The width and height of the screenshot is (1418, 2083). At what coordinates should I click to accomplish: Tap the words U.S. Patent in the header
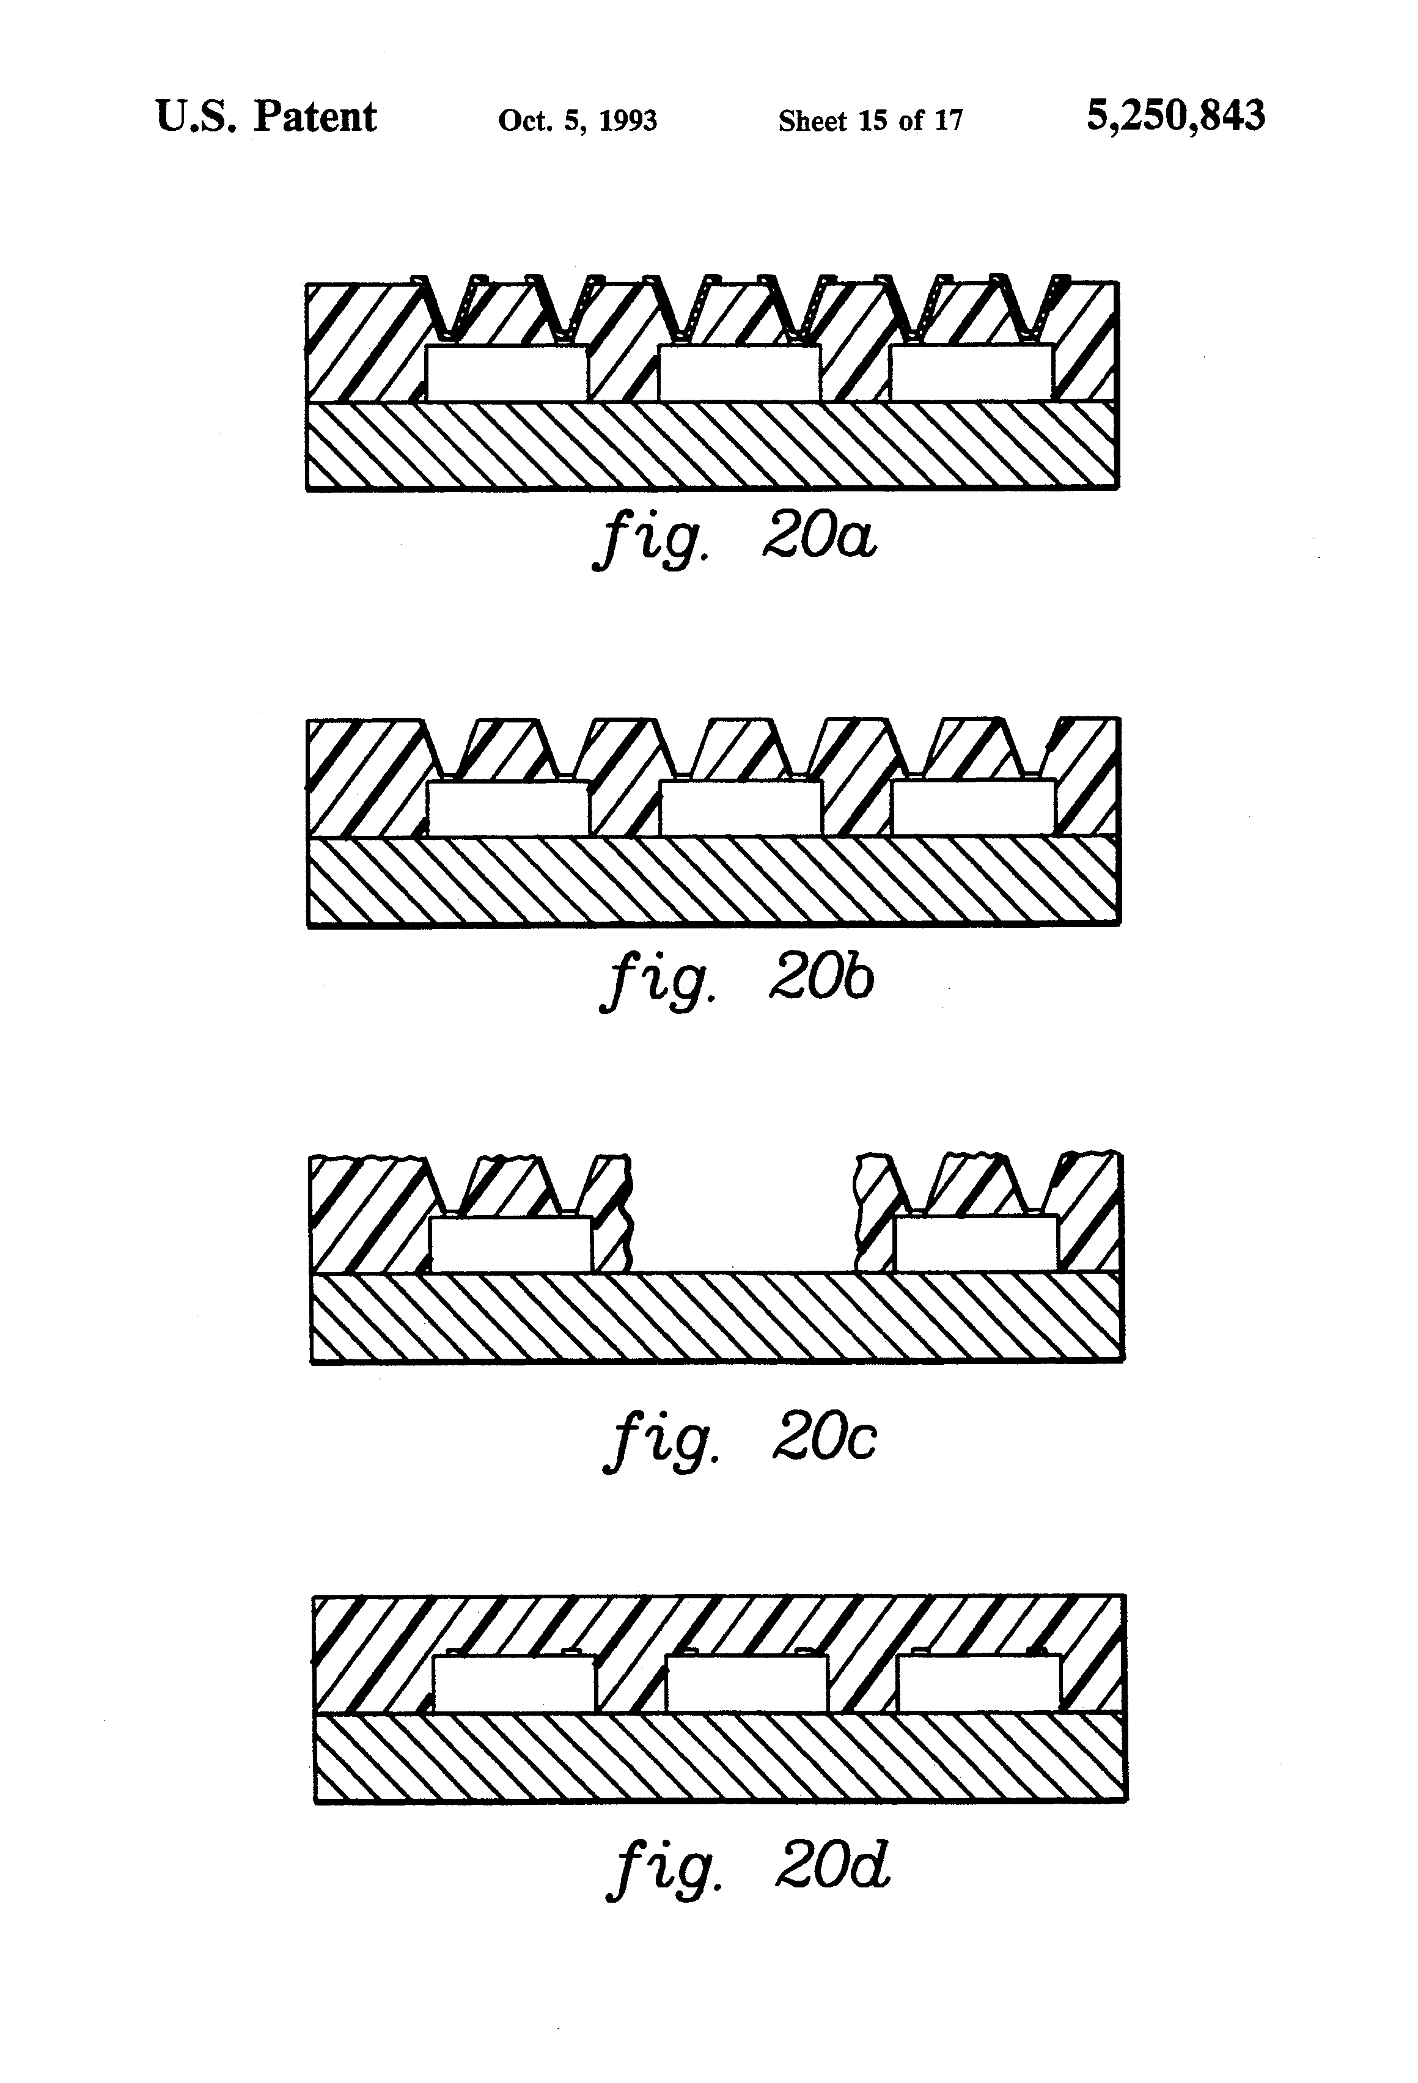(x=266, y=117)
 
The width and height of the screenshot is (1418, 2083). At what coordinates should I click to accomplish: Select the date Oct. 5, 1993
(x=577, y=120)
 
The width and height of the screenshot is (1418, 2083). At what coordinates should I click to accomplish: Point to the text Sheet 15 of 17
(x=870, y=120)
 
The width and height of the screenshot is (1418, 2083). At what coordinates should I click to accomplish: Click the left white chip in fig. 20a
(x=507, y=373)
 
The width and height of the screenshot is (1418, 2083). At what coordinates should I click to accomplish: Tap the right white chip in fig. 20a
(x=971, y=373)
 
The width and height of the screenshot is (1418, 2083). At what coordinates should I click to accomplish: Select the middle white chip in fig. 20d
(x=747, y=1683)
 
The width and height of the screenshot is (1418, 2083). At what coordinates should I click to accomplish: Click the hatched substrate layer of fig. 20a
(x=713, y=446)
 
